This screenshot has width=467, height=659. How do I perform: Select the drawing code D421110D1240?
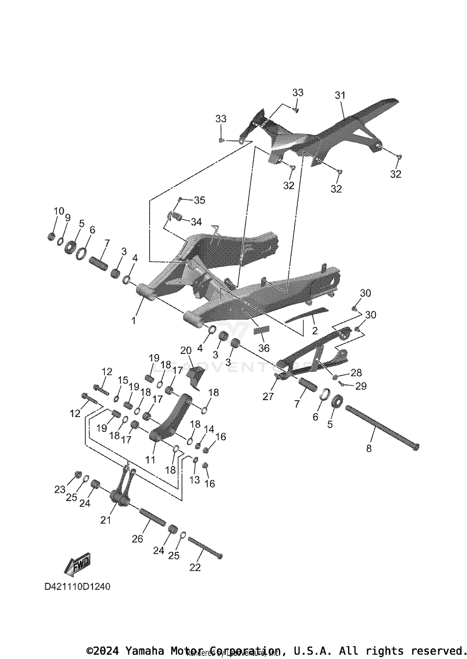(77, 587)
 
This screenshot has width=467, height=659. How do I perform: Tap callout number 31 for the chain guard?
(340, 96)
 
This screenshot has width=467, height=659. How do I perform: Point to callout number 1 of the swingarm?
(134, 320)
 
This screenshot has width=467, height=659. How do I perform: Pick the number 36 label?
(264, 348)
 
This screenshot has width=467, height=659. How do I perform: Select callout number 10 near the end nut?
(59, 211)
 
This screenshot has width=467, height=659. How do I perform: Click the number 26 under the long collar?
(137, 539)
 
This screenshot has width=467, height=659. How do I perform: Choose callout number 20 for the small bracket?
(186, 351)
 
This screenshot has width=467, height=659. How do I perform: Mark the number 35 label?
(200, 200)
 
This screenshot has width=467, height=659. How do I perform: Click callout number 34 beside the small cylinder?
(196, 222)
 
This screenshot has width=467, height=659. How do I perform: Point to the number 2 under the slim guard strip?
(315, 331)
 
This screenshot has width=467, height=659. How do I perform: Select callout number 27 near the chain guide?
(268, 396)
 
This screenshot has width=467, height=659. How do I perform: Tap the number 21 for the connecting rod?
(106, 520)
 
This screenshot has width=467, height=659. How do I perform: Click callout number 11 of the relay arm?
(150, 459)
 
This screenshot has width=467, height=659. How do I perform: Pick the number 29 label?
(361, 386)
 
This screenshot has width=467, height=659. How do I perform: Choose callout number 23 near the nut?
(60, 490)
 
